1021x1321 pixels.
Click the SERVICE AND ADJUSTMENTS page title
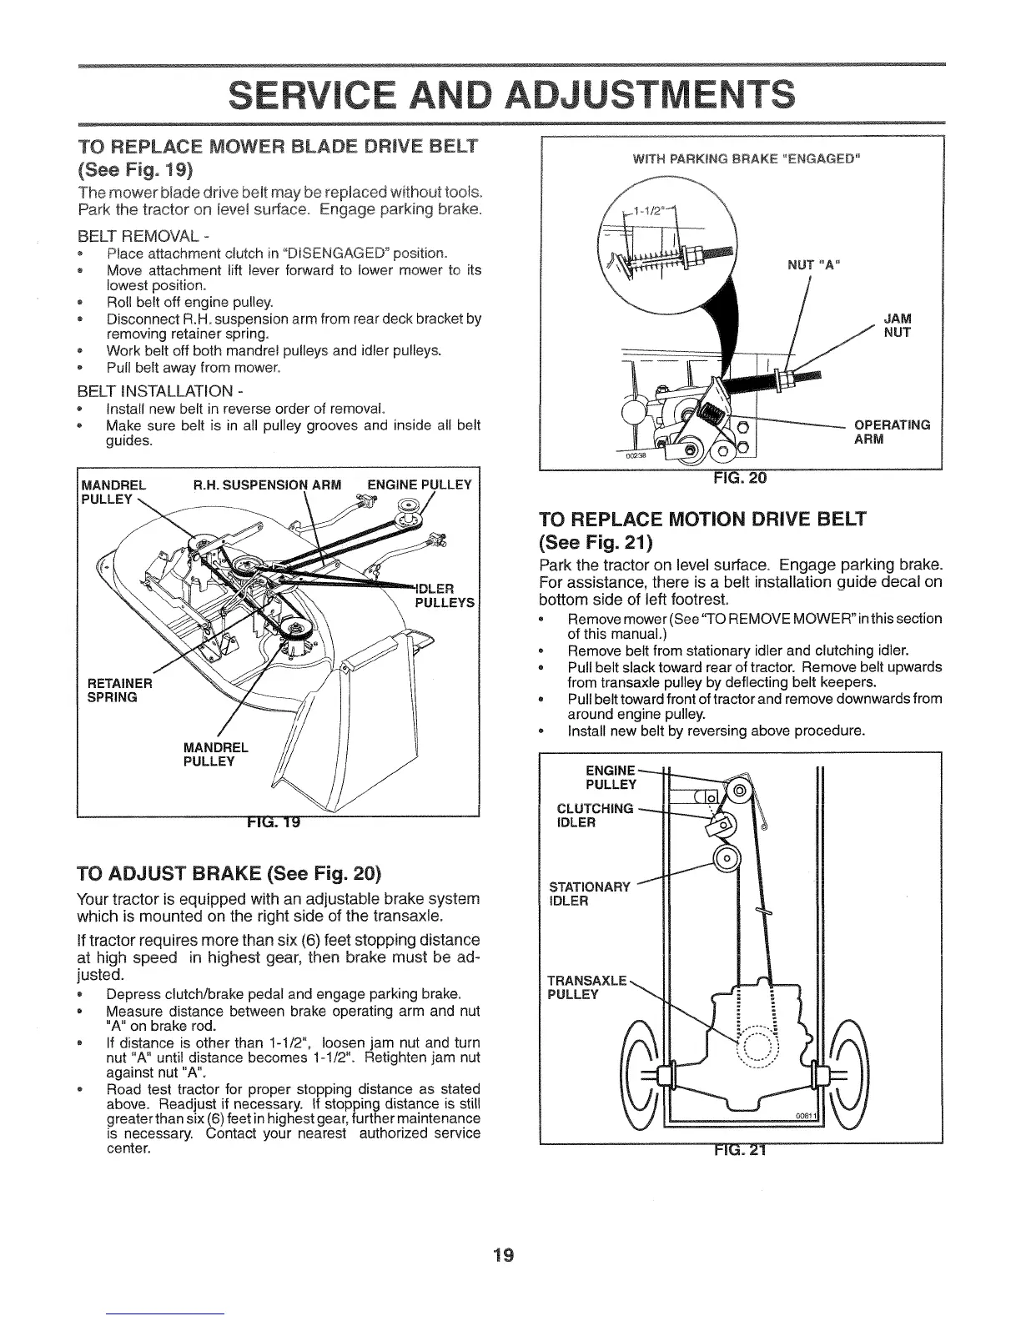(510, 94)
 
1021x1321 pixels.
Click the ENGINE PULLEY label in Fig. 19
(420, 485)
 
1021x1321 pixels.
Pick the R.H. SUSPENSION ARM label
(267, 485)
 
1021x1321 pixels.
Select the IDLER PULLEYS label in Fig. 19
(444, 595)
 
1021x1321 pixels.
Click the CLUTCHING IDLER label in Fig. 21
(594, 816)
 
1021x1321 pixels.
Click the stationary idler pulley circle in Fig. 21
(727, 859)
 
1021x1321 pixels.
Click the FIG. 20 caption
(741, 478)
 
